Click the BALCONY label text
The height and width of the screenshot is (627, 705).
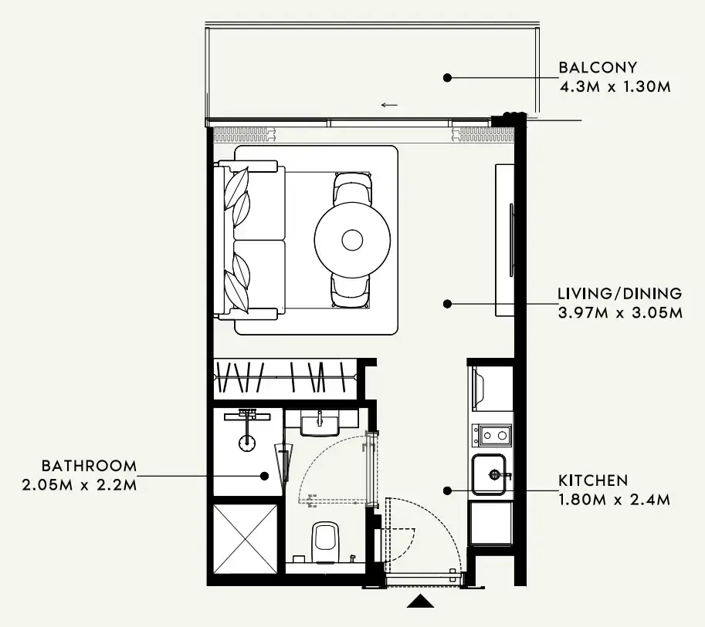point(598,67)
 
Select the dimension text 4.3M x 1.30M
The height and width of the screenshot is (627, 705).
point(615,86)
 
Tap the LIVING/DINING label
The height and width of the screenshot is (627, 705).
point(619,294)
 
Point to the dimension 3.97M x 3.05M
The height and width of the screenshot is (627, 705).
point(620,312)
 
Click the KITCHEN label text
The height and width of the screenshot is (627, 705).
point(592,480)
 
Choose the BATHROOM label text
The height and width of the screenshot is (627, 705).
point(89,466)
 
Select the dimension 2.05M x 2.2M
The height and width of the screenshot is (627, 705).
point(79,485)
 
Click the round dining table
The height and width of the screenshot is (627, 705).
point(352,240)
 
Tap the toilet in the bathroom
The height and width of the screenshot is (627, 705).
point(326,542)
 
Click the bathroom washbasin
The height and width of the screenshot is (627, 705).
point(320,425)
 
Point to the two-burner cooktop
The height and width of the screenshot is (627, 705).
point(491,436)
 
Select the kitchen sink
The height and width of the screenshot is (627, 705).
point(489,474)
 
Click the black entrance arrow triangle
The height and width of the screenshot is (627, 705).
point(420,601)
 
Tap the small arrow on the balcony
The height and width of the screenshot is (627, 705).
point(389,105)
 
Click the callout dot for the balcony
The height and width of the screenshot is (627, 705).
point(447,78)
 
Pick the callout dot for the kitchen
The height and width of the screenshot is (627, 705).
point(447,491)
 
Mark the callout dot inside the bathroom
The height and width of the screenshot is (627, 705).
point(265,476)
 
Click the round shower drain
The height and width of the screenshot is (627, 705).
point(247,443)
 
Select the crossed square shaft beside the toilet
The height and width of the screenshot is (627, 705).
point(245,539)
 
